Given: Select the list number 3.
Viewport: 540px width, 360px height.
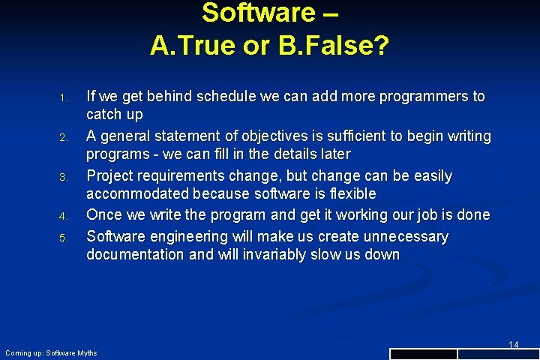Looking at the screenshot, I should point(64,178).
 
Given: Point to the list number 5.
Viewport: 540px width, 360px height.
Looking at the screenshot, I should point(64,238).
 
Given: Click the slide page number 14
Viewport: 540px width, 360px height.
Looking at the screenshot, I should point(513,344).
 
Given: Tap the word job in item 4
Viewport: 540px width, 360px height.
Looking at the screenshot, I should point(419,215).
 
